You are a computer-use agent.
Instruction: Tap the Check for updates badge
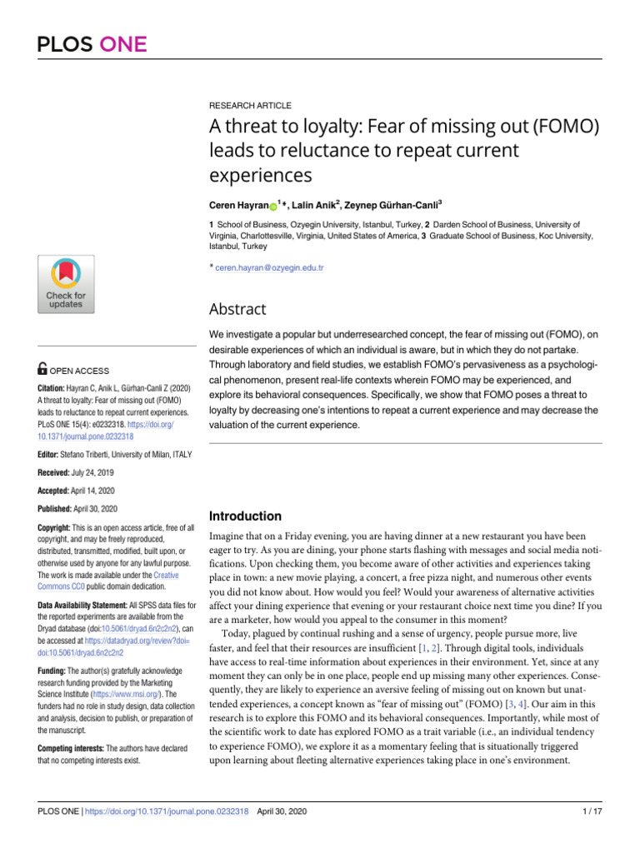(65, 284)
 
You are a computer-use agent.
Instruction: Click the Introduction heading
(245, 516)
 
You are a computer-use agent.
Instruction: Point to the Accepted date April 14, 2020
(93, 490)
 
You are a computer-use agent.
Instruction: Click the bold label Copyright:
(59, 528)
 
